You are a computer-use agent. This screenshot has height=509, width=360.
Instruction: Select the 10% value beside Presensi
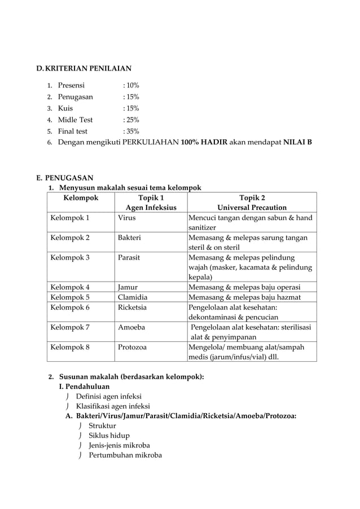(x=131, y=86)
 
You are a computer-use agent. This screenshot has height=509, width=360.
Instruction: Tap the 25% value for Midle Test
(x=131, y=120)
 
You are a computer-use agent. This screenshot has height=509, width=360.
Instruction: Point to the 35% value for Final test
(x=131, y=131)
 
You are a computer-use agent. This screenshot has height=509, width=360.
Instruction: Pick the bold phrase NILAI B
(x=297, y=142)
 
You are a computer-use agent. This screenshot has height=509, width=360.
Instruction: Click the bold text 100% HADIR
(x=204, y=142)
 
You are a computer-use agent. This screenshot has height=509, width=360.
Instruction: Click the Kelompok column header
(x=81, y=198)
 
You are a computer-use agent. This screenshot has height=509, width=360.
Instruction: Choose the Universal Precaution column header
(x=252, y=208)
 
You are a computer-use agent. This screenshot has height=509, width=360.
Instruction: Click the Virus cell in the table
(x=127, y=217)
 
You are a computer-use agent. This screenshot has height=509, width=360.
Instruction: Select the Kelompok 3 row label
(x=70, y=257)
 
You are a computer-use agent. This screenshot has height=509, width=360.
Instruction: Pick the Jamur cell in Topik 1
(x=128, y=287)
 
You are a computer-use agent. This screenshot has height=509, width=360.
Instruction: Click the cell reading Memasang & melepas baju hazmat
(x=244, y=297)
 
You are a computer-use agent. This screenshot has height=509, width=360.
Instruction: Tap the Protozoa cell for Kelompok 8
(x=132, y=347)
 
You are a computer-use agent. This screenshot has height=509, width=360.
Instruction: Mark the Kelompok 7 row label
(x=70, y=327)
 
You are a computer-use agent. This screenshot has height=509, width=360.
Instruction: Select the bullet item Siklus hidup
(x=109, y=435)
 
